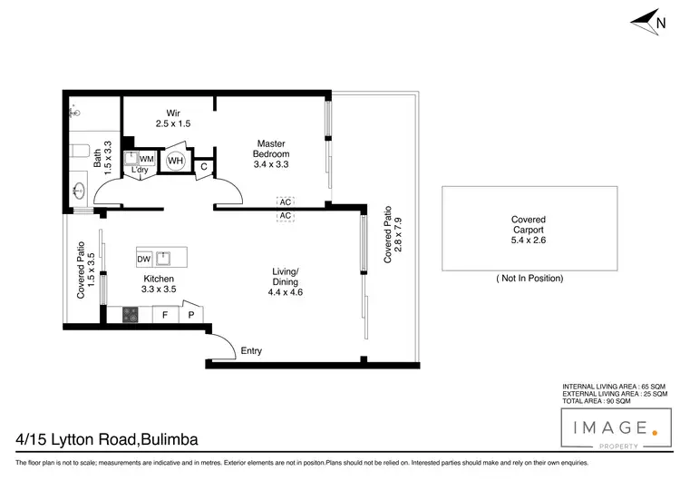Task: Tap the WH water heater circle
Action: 176,161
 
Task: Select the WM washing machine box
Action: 147,159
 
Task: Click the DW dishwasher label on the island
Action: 143,259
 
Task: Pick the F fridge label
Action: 165,316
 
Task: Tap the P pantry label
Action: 191,316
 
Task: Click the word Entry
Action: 251,351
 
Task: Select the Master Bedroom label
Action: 270,149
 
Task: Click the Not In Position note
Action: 529,278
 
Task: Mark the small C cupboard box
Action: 205,166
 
